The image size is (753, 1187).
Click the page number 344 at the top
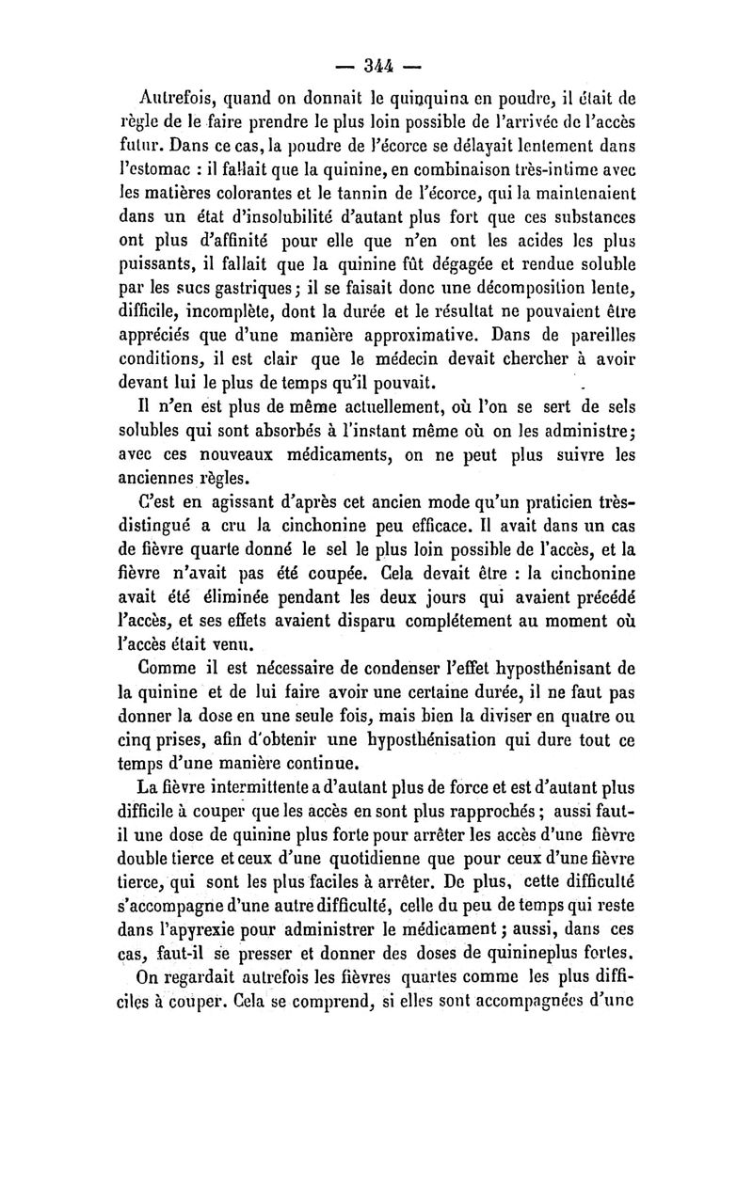pyautogui.click(x=380, y=67)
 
